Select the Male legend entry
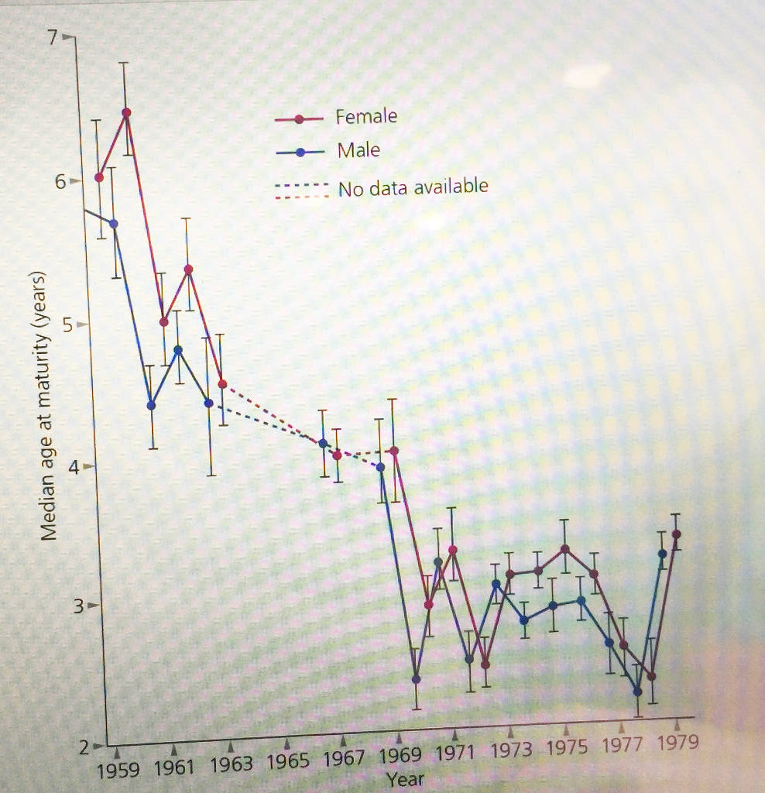[358, 150]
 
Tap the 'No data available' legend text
[413, 187]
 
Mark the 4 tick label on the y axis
[75, 467]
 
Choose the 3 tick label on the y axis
[78, 606]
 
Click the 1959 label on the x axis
[118, 771]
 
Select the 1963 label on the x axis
[232, 765]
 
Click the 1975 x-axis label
[568, 748]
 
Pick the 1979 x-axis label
[678, 743]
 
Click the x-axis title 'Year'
[405, 779]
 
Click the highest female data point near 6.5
[126, 113]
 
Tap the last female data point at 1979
[677, 534]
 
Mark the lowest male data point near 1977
[638, 692]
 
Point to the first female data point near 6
[99, 177]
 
